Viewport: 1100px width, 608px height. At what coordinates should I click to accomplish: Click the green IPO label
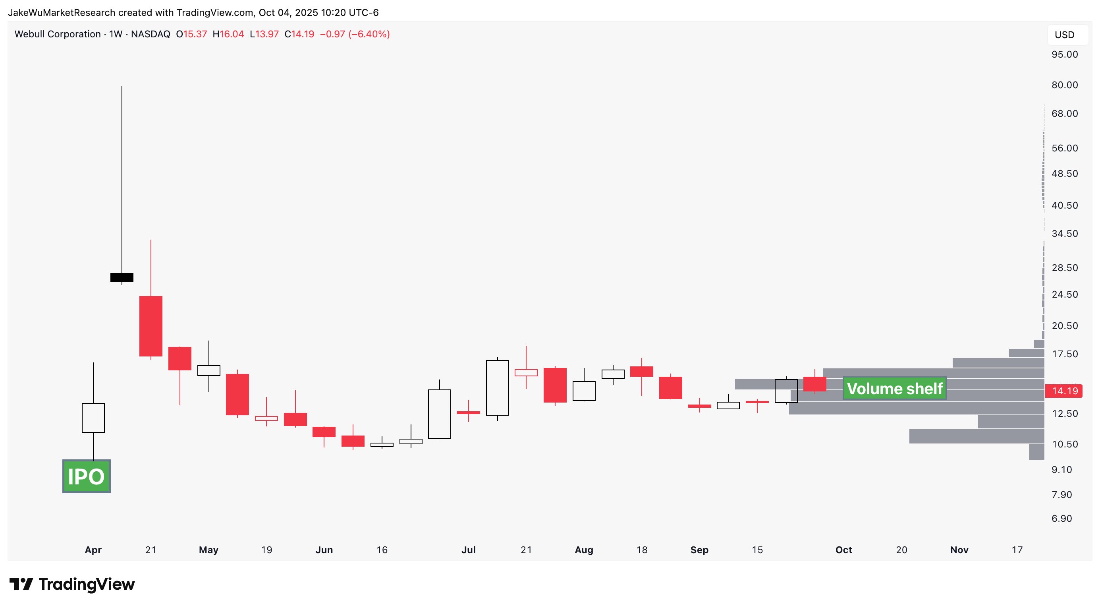[x=86, y=476]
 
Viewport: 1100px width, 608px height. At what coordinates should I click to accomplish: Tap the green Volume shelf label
[x=894, y=388]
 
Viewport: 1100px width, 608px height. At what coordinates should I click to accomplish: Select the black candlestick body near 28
[x=122, y=277]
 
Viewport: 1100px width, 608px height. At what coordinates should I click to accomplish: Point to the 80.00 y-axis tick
[x=1065, y=85]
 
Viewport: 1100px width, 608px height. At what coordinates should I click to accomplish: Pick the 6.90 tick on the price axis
[x=1061, y=518]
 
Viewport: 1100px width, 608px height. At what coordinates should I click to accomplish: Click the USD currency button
[x=1064, y=35]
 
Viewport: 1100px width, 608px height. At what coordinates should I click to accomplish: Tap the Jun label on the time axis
[x=324, y=550]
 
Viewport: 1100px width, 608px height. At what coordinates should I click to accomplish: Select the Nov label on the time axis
[x=959, y=550]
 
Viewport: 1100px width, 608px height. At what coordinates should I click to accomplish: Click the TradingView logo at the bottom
[x=72, y=584]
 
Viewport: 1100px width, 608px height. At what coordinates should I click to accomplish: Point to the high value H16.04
[x=228, y=34]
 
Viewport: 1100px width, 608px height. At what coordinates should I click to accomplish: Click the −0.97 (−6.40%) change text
[x=355, y=34]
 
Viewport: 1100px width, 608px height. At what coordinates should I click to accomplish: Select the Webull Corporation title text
[x=58, y=34]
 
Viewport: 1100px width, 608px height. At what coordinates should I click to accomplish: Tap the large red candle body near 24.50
[x=151, y=325]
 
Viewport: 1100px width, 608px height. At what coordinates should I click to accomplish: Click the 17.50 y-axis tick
[x=1065, y=354]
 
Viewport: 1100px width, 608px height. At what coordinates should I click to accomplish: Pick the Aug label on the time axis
[x=584, y=550]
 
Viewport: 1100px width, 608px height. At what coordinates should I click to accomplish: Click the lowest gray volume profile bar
[x=1036, y=452]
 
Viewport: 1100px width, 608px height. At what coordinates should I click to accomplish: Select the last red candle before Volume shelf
[x=815, y=384]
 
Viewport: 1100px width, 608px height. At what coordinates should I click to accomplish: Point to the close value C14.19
[x=299, y=34]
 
